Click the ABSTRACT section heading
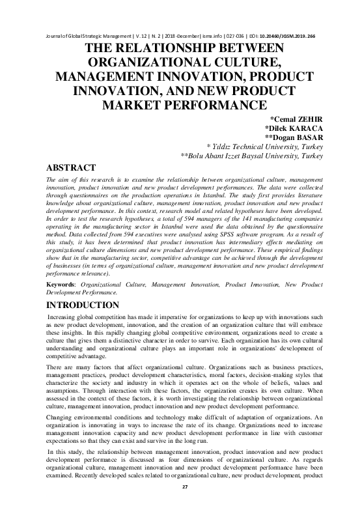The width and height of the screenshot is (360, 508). (x=68, y=167)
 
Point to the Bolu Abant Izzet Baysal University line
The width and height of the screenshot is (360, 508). (x=252, y=157)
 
